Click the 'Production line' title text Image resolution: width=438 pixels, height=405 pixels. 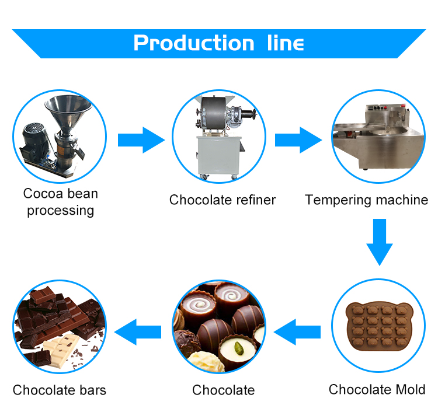[x=218, y=43]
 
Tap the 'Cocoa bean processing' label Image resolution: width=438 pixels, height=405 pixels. [x=60, y=202]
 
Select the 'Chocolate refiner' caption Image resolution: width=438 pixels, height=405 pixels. [x=222, y=200]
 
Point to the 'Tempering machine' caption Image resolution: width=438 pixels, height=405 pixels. [x=366, y=200]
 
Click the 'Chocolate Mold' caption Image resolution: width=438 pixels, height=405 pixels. [x=377, y=389]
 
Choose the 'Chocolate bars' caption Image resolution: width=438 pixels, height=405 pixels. [x=60, y=390]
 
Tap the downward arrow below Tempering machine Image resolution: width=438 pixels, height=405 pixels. [x=380, y=241]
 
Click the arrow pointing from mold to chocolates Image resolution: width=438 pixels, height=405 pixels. [x=297, y=333]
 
